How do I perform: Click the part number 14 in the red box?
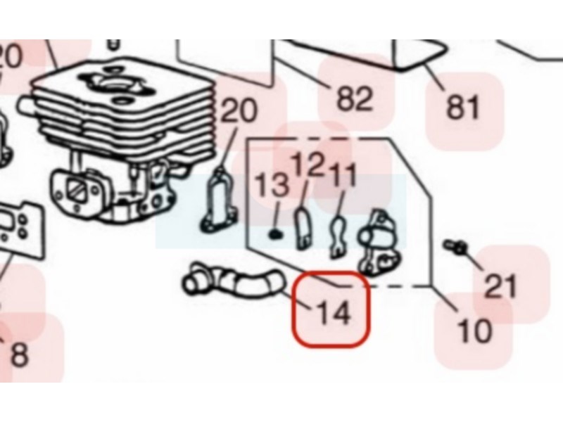[x=333, y=313]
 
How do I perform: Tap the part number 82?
[x=355, y=98]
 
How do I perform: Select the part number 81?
[x=462, y=107]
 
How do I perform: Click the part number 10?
[x=474, y=331]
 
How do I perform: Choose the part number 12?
[x=307, y=165]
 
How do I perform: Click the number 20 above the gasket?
[x=239, y=110]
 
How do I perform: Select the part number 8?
[x=20, y=354]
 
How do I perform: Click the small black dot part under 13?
[x=275, y=235]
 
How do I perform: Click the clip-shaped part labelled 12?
[x=303, y=228]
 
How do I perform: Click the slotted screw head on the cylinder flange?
[x=79, y=190]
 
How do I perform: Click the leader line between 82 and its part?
[x=301, y=74]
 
